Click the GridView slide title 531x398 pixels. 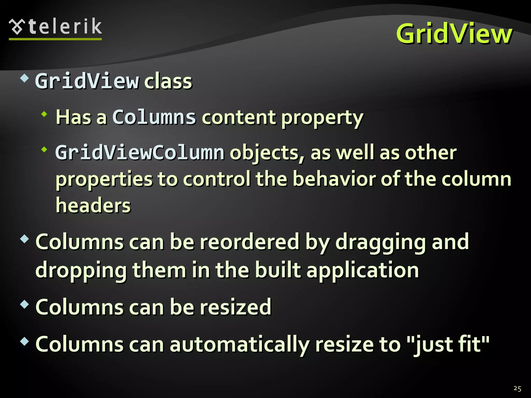pyautogui.click(x=454, y=34)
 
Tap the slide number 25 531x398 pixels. pyautogui.click(x=517, y=388)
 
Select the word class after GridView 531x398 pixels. pyautogui.click(x=168, y=81)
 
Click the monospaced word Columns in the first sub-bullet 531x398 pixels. pyautogui.click(x=154, y=117)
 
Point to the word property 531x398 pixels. pyautogui.click(x=322, y=118)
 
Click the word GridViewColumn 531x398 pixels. pyautogui.click(x=140, y=153)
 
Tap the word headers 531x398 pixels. pyautogui.click(x=93, y=205)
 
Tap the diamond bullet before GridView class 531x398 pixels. pyautogui.click(x=24, y=78)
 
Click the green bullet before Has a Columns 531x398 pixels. pyautogui.click(x=44, y=114)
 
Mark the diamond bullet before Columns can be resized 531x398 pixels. pyautogui.click(x=24, y=304)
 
